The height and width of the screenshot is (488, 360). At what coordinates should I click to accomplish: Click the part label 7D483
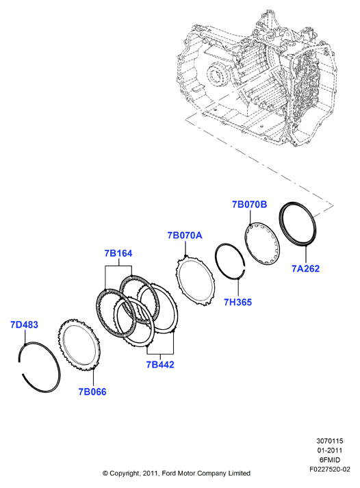tap(24, 324)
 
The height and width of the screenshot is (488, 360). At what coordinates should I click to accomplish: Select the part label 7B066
tap(92, 391)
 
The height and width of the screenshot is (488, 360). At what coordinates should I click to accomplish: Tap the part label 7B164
tap(118, 253)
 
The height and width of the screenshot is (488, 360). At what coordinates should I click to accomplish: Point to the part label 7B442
tap(160, 364)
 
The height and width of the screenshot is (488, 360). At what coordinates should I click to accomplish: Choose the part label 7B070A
tap(185, 235)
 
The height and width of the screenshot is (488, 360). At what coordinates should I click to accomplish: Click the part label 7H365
tap(237, 302)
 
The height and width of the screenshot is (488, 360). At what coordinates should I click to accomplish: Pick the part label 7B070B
tap(250, 205)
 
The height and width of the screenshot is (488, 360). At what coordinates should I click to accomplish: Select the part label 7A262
tap(305, 268)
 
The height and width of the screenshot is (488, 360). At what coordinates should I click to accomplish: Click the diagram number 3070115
tap(330, 441)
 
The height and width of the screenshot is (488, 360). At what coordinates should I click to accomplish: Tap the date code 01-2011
tap(330, 450)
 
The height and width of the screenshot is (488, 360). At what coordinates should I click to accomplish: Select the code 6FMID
tap(330, 460)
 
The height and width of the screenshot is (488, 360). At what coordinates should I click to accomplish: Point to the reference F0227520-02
tap(330, 469)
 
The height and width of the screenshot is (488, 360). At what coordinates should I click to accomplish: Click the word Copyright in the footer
tap(125, 474)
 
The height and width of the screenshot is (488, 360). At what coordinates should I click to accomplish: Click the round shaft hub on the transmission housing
tap(218, 75)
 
